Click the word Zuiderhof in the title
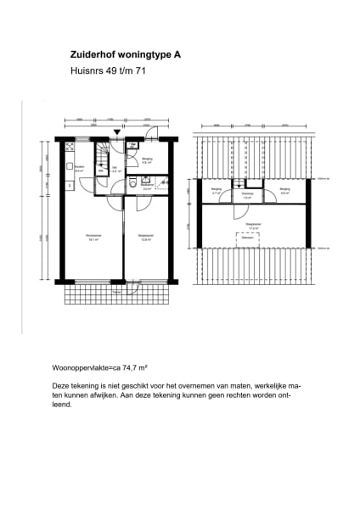click(91, 55)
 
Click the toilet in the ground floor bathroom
click(133, 183)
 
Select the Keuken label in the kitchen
click(79, 167)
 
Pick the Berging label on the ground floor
click(146, 159)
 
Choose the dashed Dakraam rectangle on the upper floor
click(249, 238)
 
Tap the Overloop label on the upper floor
click(248, 193)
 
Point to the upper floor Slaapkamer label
click(253, 225)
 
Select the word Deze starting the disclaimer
click(61, 385)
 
